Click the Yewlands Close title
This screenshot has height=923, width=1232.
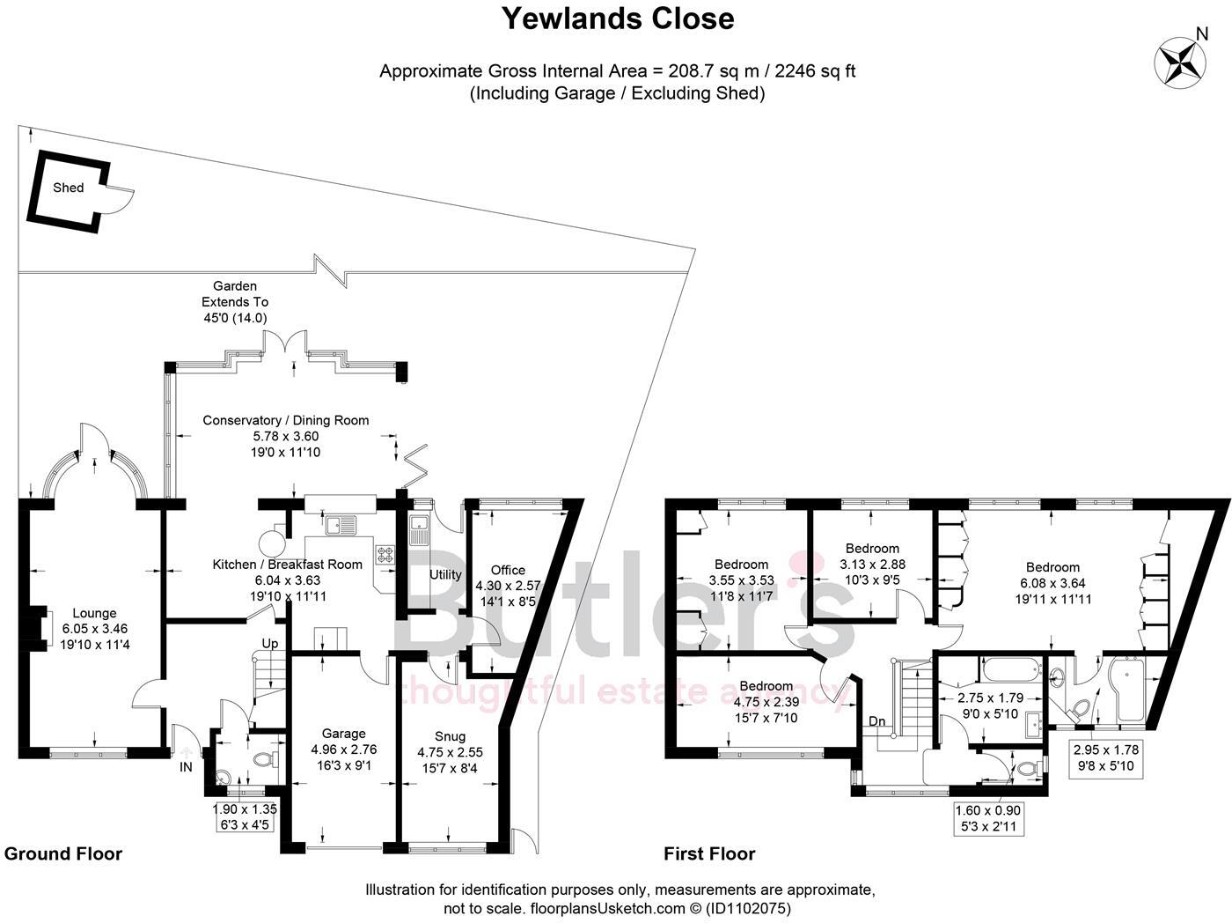pos(617,18)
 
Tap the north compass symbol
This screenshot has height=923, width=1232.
pos(1179,61)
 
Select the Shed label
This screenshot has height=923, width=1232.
pos(68,188)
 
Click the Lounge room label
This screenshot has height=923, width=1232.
pos(94,614)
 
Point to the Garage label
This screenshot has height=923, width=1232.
pos(343,734)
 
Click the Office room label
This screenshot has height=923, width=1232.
pos(508,570)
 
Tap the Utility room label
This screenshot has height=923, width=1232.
pos(445,574)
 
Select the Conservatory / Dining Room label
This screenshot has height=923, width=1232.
pos(286,420)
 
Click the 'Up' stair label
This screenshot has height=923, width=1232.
pos(270,644)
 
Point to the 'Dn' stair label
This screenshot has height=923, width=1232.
pos(877,721)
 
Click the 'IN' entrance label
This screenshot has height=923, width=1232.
pos(186,767)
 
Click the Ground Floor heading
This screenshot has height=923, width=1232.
pos(63,853)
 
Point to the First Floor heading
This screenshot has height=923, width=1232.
pos(709,853)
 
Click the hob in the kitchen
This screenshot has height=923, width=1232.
pos(385,554)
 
